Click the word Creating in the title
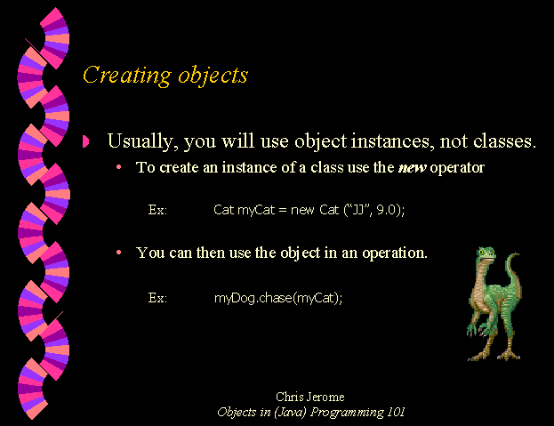[127, 76]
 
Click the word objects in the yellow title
[213, 76]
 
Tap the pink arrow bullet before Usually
[86, 141]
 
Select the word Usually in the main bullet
[141, 141]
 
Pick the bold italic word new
[412, 168]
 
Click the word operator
[457, 168]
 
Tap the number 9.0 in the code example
[386, 210]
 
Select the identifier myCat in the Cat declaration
[256, 210]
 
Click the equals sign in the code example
[282, 211]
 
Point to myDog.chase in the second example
[253, 298]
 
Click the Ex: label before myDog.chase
[157, 298]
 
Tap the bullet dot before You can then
[119, 253]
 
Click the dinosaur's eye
[481, 253]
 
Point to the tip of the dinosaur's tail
[518, 253]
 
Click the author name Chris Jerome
[310, 397]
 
